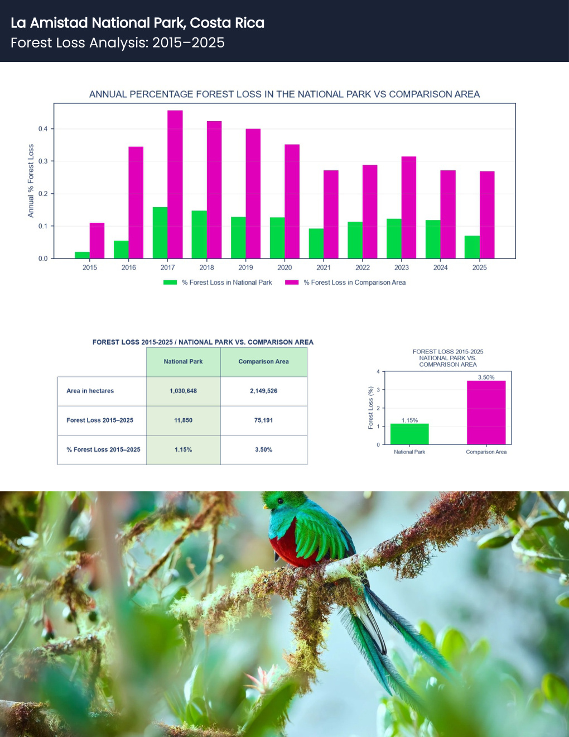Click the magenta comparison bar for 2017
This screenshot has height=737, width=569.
coord(175,184)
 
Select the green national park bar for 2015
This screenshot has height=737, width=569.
coord(82,255)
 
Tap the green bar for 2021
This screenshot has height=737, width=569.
coord(316,243)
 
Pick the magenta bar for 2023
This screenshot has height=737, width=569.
coord(409,207)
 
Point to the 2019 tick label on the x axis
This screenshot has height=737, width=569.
coord(245,267)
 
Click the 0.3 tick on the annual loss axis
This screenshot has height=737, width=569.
coord(43,161)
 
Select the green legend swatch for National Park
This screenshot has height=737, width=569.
coord(170,282)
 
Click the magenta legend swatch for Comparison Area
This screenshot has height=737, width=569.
coord(292,282)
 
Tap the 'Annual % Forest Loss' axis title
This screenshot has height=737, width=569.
coord(31,181)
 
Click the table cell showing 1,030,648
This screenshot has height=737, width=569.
coord(184,391)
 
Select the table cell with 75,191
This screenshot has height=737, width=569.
coord(264,420)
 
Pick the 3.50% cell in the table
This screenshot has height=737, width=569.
coord(264,449)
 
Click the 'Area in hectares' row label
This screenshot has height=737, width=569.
coord(90,391)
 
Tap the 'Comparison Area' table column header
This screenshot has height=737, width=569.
coord(264,362)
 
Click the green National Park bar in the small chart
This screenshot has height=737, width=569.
coord(409,434)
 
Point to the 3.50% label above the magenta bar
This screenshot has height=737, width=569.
coord(486,377)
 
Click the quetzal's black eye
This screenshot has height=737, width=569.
coord(280,501)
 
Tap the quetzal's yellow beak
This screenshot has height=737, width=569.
coord(266,507)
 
